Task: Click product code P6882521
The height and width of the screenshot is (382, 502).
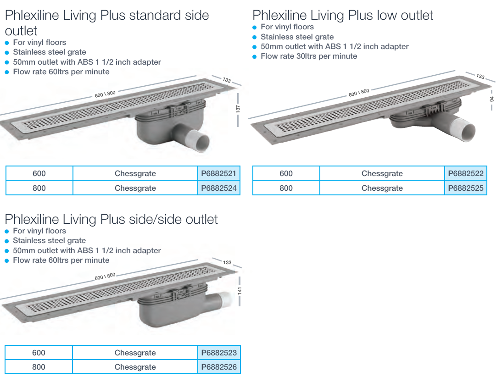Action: (x=219, y=173)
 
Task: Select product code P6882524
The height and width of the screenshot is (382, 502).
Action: (x=219, y=188)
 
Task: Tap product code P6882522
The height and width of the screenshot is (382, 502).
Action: (x=466, y=173)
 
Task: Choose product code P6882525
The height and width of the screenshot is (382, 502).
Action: (x=466, y=188)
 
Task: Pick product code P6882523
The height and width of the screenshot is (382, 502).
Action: (x=219, y=353)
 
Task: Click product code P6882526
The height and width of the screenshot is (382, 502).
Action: (x=219, y=367)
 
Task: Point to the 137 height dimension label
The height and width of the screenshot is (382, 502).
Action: (x=238, y=109)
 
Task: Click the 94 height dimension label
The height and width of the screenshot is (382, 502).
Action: (x=492, y=100)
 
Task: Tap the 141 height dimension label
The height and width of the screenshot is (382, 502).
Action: (x=240, y=291)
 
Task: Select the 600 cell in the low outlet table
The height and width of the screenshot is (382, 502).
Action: (x=286, y=173)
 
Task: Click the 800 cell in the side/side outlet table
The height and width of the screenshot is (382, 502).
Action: (x=39, y=367)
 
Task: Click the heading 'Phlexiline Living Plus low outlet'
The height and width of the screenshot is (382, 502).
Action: (x=343, y=15)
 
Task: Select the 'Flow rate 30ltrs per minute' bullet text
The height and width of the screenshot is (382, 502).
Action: (x=309, y=56)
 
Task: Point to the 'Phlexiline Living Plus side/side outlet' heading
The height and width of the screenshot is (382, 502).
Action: (x=111, y=219)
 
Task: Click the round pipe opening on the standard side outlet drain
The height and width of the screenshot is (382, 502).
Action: (x=202, y=142)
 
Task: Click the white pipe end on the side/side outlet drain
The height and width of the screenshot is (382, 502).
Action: (x=227, y=300)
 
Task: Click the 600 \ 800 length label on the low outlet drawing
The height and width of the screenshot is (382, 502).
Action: (x=359, y=93)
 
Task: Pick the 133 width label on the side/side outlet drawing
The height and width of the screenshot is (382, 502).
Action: (x=227, y=262)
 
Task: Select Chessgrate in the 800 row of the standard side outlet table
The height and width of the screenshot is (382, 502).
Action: (x=135, y=188)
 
